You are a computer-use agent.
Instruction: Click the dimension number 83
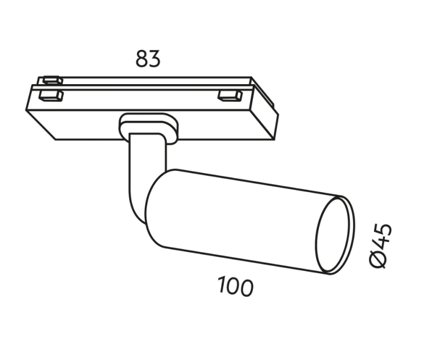(x=148, y=59)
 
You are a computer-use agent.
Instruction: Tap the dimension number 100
(x=235, y=286)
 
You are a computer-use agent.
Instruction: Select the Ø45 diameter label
(x=381, y=246)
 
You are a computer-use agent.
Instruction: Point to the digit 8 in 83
(x=141, y=59)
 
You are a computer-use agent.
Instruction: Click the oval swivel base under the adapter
(x=149, y=127)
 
